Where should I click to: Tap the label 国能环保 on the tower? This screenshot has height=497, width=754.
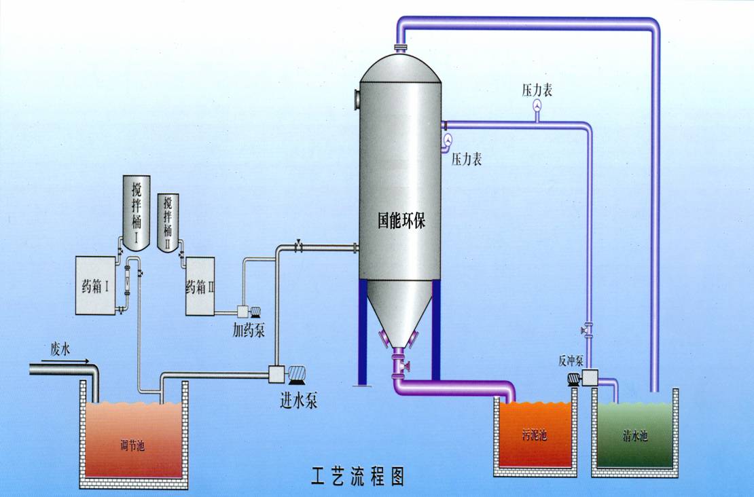point(401,220)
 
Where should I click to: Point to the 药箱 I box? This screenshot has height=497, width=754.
point(95,286)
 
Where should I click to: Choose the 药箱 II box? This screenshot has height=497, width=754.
point(200,286)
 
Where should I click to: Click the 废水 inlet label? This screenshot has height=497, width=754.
point(60,348)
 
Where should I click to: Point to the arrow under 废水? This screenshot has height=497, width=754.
point(71,361)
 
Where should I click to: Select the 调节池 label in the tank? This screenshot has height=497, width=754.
point(132,445)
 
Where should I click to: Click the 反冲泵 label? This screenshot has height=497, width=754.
point(571,361)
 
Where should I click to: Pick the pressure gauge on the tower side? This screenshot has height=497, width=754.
point(448,140)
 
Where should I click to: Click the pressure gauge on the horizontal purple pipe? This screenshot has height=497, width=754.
point(537,107)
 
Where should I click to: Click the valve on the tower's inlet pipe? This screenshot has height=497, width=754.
point(299,247)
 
